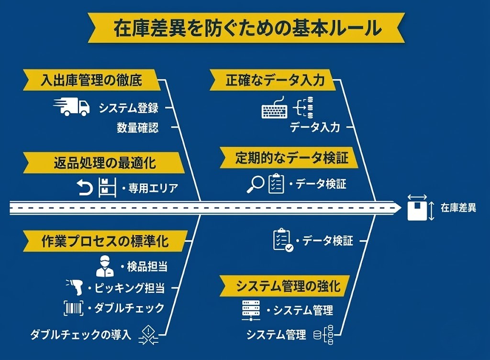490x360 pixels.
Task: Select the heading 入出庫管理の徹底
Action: tap(91, 80)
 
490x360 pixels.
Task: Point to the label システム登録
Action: tap(128, 108)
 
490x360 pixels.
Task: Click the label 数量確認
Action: tap(137, 128)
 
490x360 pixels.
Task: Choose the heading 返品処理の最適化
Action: tap(104, 163)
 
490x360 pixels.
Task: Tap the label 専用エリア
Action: tap(153, 188)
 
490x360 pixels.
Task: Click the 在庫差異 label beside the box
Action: tap(458, 207)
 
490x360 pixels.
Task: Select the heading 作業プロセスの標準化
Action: tap(105, 241)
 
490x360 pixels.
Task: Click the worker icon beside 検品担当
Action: tap(105, 266)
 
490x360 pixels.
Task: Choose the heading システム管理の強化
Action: tap(288, 286)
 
